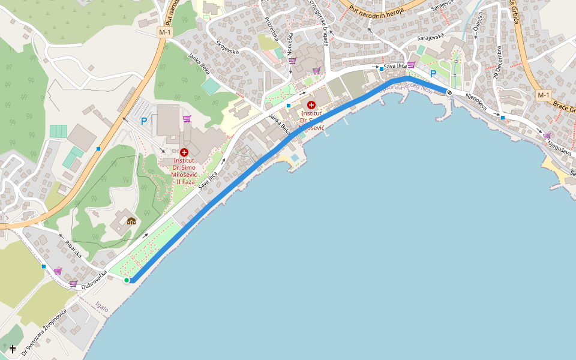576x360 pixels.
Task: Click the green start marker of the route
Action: click(x=127, y=280)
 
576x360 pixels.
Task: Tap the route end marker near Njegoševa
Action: click(x=449, y=92)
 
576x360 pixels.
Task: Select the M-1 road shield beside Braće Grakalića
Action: click(x=543, y=95)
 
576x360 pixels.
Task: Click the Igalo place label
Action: click(x=102, y=307)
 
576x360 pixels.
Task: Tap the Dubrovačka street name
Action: click(x=94, y=280)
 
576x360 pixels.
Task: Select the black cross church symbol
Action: click(x=13, y=348)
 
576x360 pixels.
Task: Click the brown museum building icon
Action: click(x=131, y=220)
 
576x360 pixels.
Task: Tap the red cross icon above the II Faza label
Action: click(x=184, y=152)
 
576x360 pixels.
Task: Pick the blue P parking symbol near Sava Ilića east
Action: click(x=433, y=74)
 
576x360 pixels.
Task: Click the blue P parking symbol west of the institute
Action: click(x=143, y=121)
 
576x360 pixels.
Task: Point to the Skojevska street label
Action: click(x=227, y=47)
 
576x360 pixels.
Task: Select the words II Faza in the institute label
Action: click(x=184, y=181)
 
